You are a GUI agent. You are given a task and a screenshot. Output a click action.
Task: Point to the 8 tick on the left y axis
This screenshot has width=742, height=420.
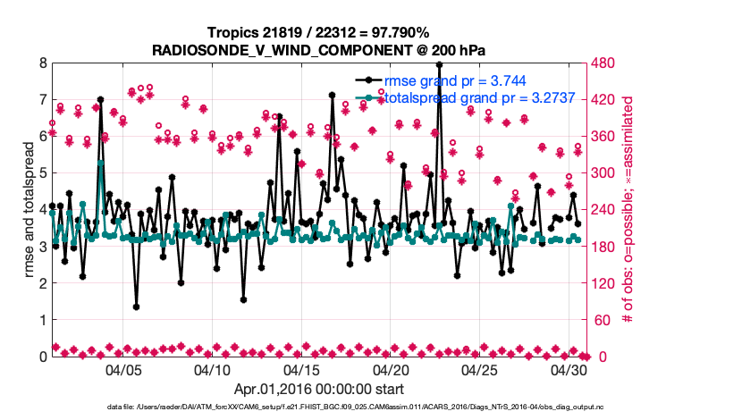pyautogui.click(x=42, y=63)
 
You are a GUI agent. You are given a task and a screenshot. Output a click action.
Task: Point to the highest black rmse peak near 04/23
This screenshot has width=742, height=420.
pyautogui.click(x=438, y=64)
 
